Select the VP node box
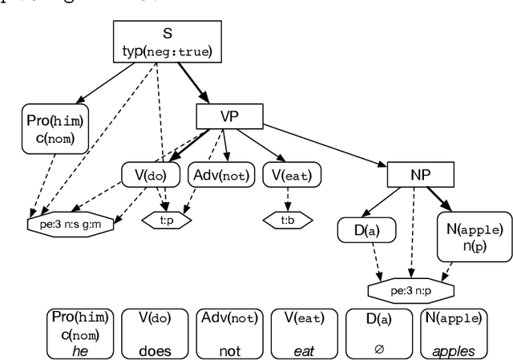coord(229,117)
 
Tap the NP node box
coord(420,173)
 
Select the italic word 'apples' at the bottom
coord(455,350)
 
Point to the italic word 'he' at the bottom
coord(80,350)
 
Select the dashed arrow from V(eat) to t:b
coord(287,200)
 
